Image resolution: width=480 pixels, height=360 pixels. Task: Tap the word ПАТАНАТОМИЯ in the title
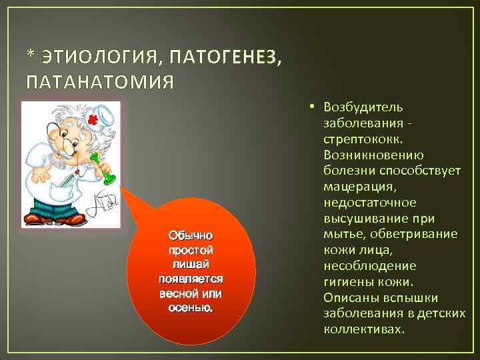point(99,82)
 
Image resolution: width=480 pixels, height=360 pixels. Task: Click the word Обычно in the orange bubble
point(191,235)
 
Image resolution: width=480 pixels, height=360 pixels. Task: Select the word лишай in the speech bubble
point(191,265)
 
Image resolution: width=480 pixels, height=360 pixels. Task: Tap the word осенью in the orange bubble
point(191,307)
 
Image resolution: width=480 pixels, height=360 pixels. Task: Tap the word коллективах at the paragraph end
point(363,329)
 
